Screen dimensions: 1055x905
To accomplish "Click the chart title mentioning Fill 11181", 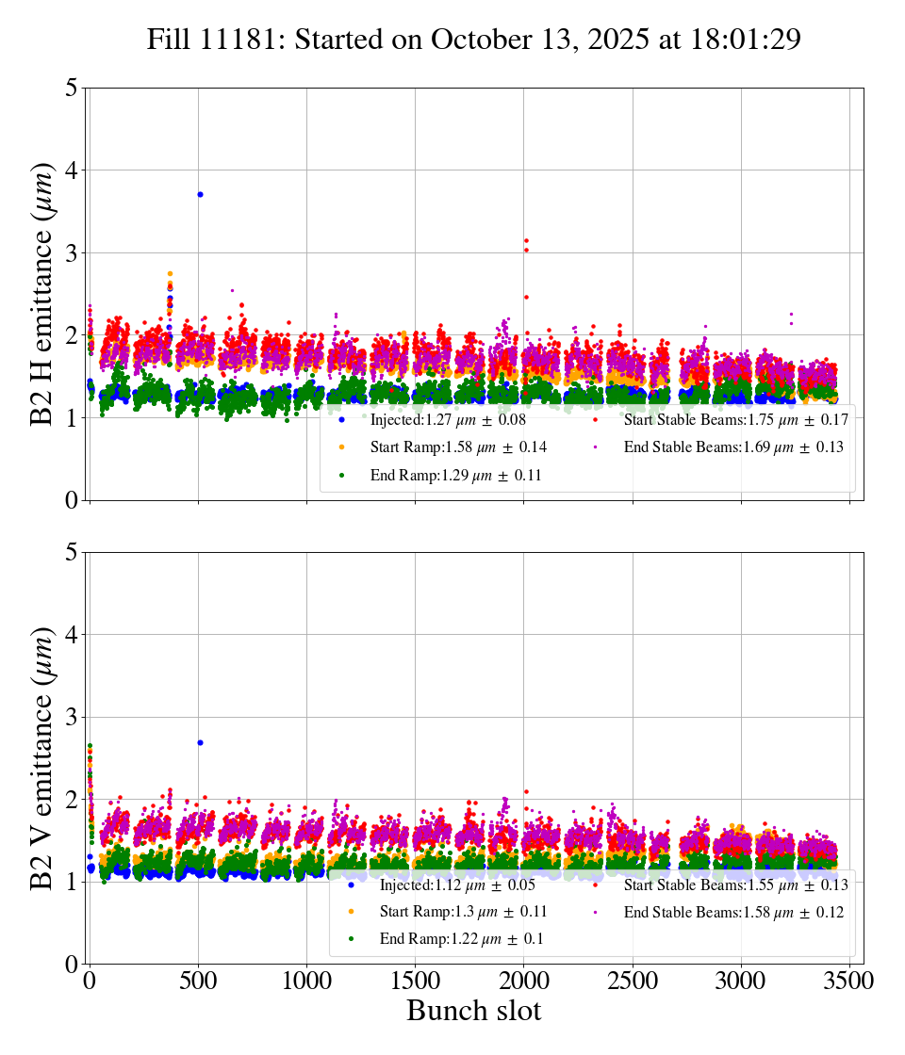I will pos(473,40).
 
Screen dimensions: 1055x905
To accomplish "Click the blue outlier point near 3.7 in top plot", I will pos(200,194).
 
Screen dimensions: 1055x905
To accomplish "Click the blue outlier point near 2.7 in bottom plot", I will pos(200,742).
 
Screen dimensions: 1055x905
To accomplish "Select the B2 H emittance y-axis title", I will pos(42,294).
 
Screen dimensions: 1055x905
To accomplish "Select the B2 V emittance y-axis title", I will pos(42,757).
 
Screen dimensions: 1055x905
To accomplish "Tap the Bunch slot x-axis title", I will pos(473,1011).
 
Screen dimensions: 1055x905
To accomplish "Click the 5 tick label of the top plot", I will pos(71,89).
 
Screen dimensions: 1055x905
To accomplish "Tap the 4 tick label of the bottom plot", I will pos(71,635).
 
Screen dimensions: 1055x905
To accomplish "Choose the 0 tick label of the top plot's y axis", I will pos(71,500).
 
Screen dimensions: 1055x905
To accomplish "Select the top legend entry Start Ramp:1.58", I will pos(458,446).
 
